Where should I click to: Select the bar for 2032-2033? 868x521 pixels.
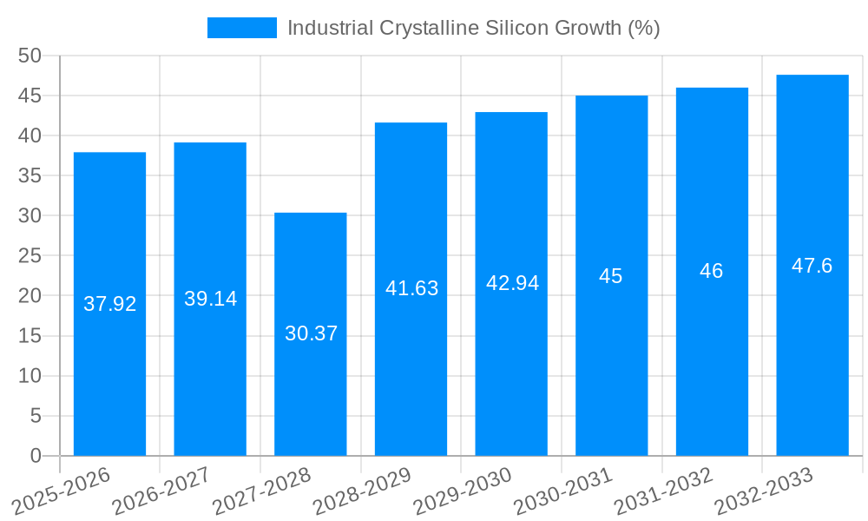[812, 347]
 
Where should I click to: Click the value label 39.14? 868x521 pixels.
[210, 299]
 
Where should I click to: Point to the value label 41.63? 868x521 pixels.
[411, 288]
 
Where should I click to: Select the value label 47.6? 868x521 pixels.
[812, 266]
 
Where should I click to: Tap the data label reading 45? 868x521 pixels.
[611, 276]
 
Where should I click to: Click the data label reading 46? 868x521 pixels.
[712, 271]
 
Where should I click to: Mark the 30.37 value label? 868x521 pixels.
[311, 333]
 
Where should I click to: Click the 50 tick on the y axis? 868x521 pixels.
[30, 56]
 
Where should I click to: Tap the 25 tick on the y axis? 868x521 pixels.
[30, 256]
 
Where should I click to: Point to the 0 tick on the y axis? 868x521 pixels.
[36, 456]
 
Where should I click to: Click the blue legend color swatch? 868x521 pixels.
[242, 28]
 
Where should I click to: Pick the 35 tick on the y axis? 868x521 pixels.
[30, 175]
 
